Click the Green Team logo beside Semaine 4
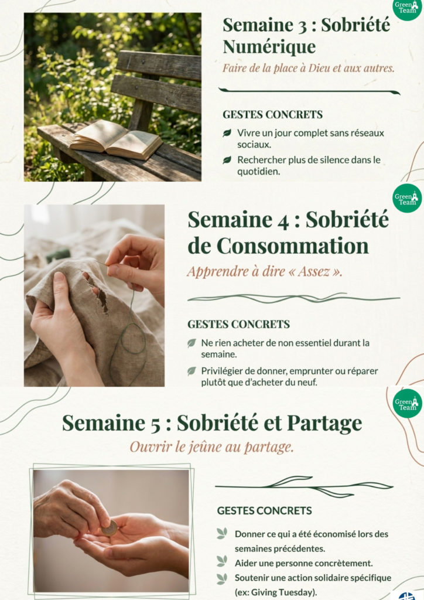point(406,198)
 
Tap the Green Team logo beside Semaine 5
point(406,403)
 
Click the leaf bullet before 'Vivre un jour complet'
point(227,134)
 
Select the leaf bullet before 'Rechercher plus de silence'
point(227,160)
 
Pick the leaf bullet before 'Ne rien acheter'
point(192,343)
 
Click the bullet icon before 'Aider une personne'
point(221,561)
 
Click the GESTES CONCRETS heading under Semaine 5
point(264,510)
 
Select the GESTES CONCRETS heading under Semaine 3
point(272,115)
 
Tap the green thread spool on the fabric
point(59,255)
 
